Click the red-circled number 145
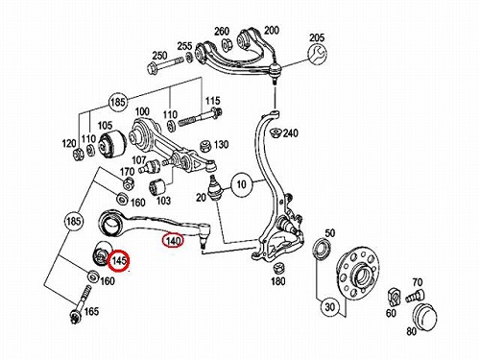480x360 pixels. pos(119,260)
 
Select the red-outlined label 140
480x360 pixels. pos(173,241)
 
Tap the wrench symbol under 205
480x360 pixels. pos(318,54)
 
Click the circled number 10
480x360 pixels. pos(242,184)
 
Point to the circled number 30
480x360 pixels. pos(329,307)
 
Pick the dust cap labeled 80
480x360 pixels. pos(424,315)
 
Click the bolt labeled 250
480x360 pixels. pos(165,64)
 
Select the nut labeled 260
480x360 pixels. pos(228,44)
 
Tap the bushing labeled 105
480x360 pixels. pos(112,144)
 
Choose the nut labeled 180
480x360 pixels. pos(278,268)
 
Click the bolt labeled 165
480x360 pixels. pos(81,305)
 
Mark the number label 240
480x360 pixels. pos(290,132)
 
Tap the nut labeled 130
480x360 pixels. pos(205,147)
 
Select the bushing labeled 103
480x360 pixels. pos(156,186)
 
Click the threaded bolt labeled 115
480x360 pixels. pos(201,118)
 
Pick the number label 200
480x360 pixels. pos(272,31)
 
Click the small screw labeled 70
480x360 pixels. pos(415,295)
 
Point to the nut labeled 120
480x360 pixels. pos(78,155)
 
